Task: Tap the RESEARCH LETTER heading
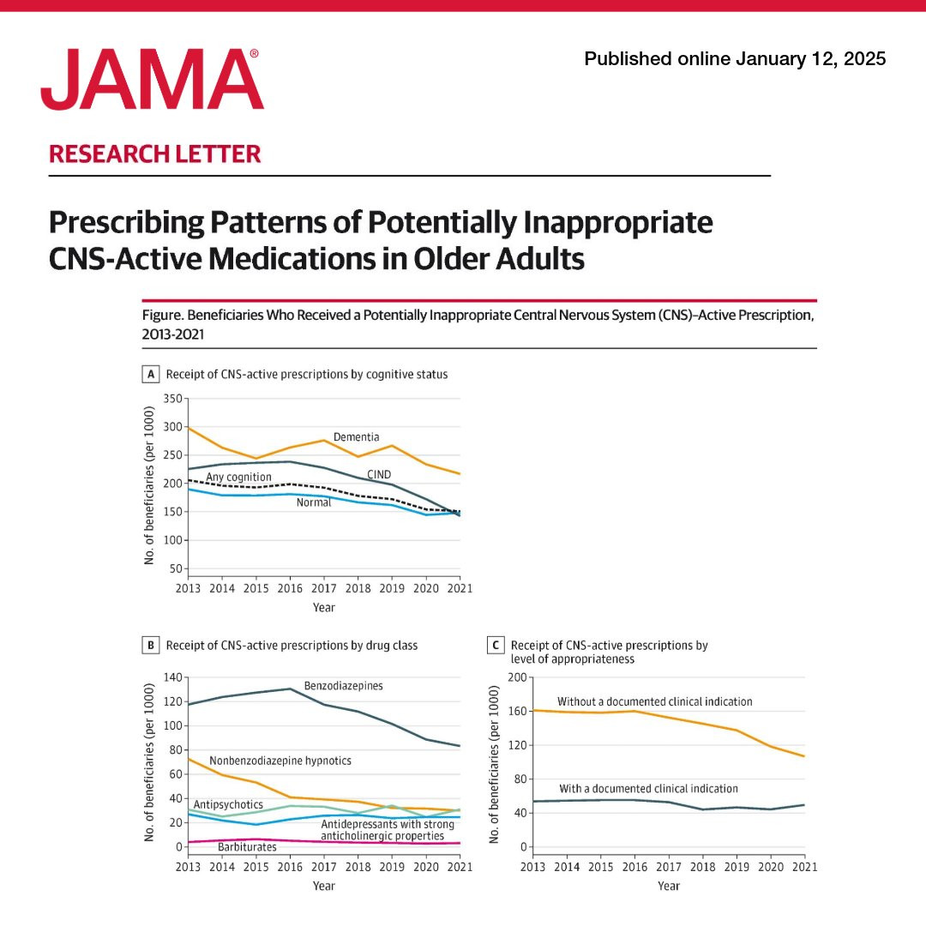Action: (155, 154)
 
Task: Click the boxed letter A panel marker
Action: (151, 374)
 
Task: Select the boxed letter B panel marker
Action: (151, 645)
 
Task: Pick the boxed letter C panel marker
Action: (496, 645)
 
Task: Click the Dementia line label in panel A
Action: (356, 437)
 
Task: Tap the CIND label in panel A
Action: (380, 473)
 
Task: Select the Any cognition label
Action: (238, 477)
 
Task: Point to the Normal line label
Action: (314, 503)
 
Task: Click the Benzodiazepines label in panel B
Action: (343, 686)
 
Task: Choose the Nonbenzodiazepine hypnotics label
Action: (280, 761)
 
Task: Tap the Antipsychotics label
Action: (228, 804)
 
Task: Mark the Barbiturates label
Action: (247, 847)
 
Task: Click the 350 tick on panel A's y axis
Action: (173, 399)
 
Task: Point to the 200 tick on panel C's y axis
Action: (516, 677)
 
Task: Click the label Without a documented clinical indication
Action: (654, 701)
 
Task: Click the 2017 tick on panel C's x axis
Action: (669, 867)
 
